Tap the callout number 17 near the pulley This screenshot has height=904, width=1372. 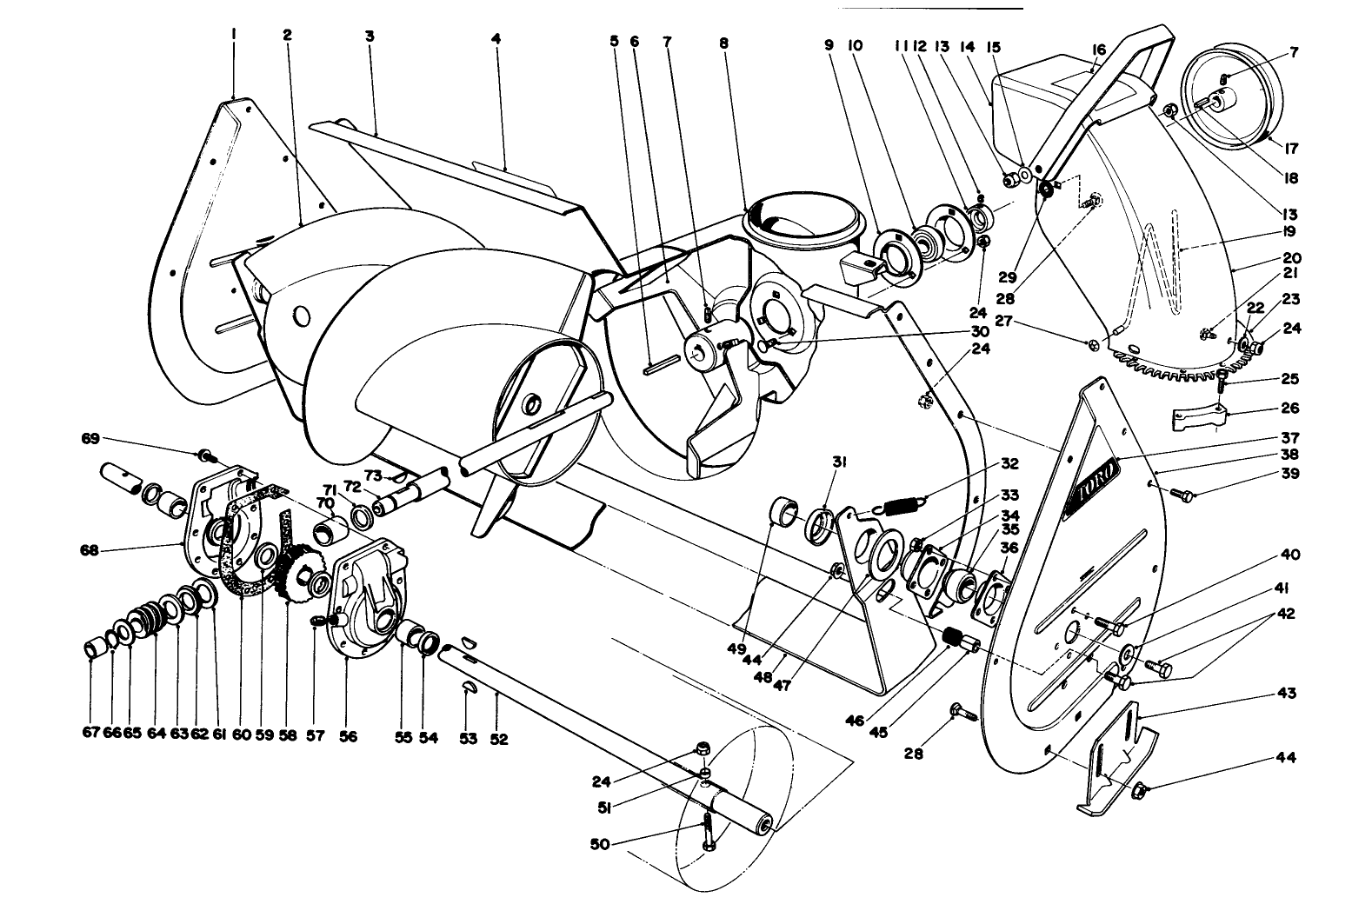(x=1290, y=149)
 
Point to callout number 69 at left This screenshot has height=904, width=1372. (x=90, y=439)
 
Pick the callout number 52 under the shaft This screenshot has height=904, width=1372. (x=497, y=739)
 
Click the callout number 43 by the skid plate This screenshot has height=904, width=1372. (x=1288, y=693)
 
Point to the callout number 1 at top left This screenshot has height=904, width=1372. (x=234, y=35)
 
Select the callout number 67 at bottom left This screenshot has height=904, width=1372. (x=92, y=733)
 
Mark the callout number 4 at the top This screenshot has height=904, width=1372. (x=496, y=38)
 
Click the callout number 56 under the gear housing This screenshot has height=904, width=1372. (x=348, y=735)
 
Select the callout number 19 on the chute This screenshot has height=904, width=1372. (x=1288, y=232)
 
